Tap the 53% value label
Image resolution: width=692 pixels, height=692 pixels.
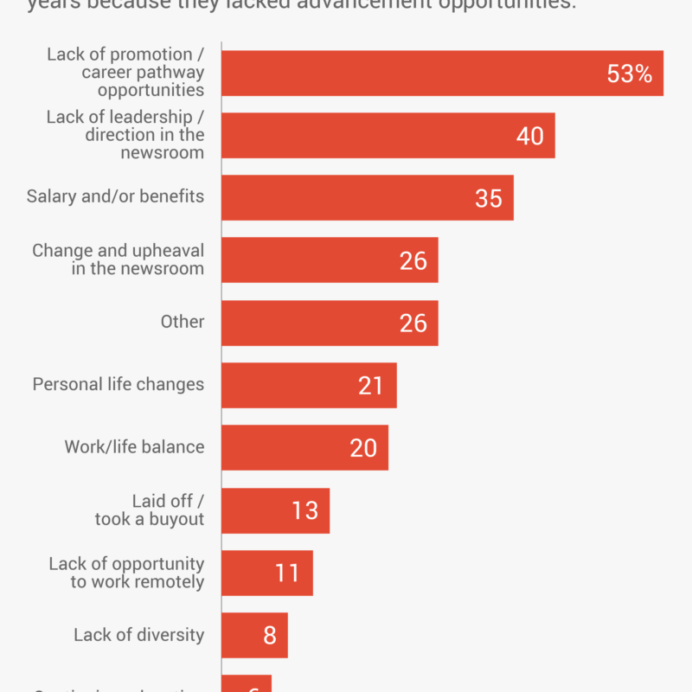tap(629, 74)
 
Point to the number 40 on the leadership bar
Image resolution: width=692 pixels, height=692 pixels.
tap(529, 136)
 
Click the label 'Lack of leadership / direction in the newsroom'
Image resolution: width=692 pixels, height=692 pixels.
tap(125, 135)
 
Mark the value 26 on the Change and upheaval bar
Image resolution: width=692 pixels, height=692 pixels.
tap(413, 260)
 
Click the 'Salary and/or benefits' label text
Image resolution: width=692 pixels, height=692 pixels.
tap(115, 196)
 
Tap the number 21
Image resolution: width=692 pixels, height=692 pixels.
tap(370, 385)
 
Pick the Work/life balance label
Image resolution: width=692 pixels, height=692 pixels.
tap(134, 447)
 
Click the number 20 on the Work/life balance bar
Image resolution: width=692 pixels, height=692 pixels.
tap(363, 447)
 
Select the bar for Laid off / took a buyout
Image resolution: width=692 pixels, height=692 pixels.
tap(259, 510)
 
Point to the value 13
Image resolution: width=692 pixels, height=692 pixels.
tap(304, 510)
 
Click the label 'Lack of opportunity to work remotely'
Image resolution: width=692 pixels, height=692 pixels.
tap(126, 573)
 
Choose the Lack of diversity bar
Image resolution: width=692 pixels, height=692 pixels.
tap(242, 635)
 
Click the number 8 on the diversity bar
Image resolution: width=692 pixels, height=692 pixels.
tap(270, 636)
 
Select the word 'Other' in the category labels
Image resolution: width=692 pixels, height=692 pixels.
tap(183, 322)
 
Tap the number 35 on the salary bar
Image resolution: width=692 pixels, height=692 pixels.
tap(489, 198)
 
